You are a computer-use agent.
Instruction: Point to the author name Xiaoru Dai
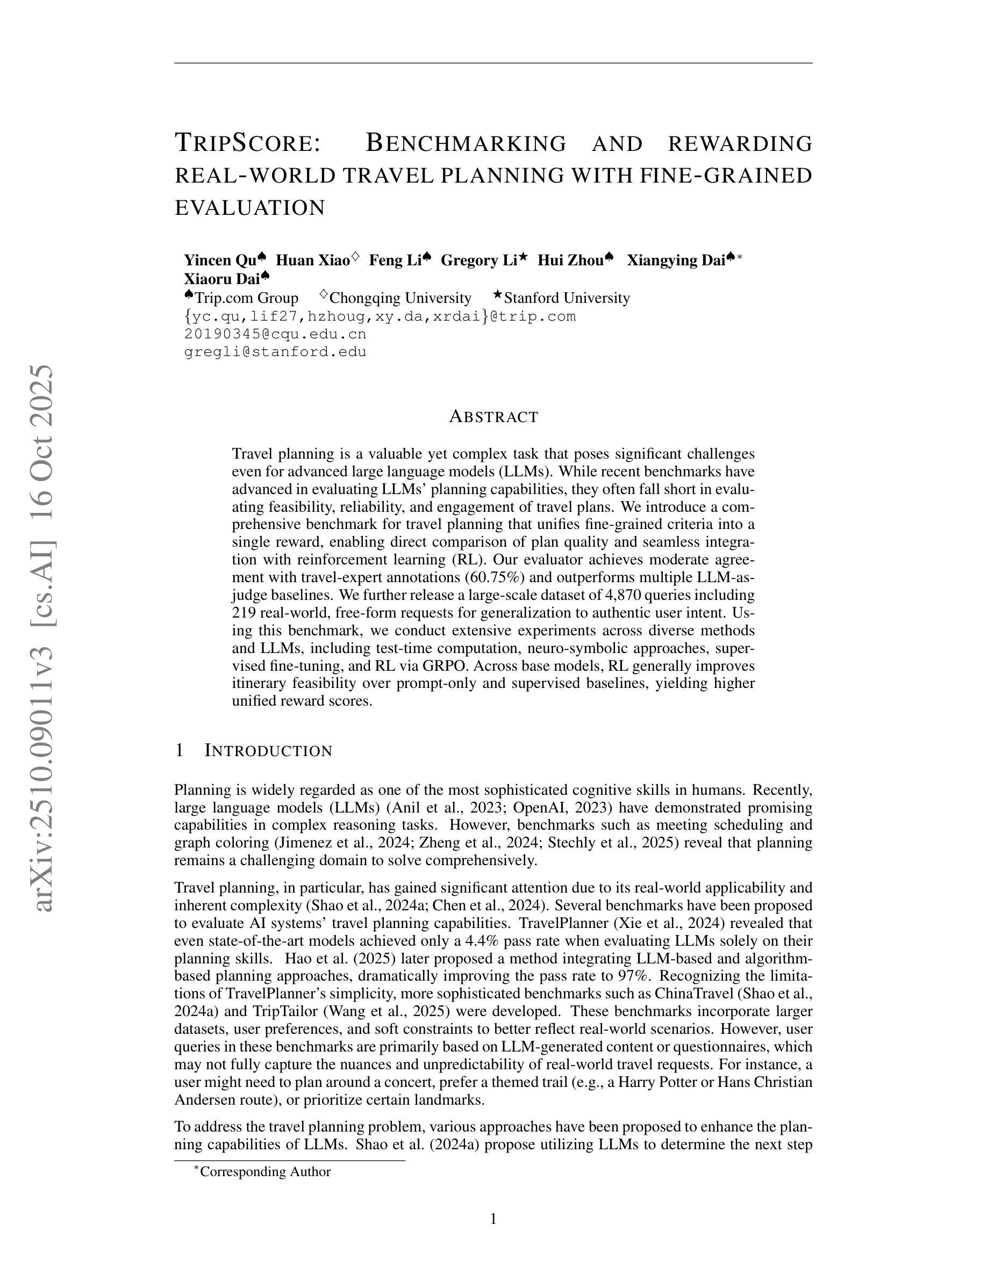click(221, 279)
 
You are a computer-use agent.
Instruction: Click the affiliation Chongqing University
click(400, 298)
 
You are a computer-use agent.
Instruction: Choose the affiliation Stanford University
click(567, 298)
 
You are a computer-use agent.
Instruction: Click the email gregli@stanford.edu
click(275, 352)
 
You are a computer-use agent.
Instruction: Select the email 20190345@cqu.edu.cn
click(275, 334)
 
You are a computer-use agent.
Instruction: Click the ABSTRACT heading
click(493, 417)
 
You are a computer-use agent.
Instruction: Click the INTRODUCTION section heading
click(268, 751)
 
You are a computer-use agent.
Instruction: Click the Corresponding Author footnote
click(265, 1171)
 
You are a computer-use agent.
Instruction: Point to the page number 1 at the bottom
click(493, 1219)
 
